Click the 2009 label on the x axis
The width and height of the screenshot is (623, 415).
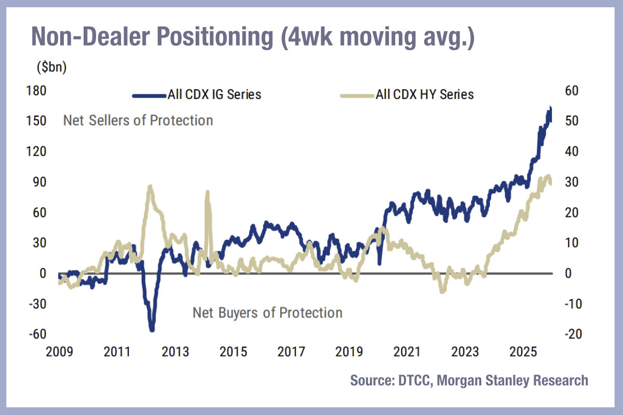[59, 353]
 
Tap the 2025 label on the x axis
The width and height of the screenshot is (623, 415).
[522, 353]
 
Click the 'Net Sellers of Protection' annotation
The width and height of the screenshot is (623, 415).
[138, 120]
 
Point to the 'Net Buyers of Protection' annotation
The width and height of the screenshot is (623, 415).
[267, 313]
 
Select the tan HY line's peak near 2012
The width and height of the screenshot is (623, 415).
[150, 186]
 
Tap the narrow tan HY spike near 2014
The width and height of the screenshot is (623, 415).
[208, 192]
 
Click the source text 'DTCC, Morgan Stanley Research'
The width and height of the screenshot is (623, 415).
[469, 380]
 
